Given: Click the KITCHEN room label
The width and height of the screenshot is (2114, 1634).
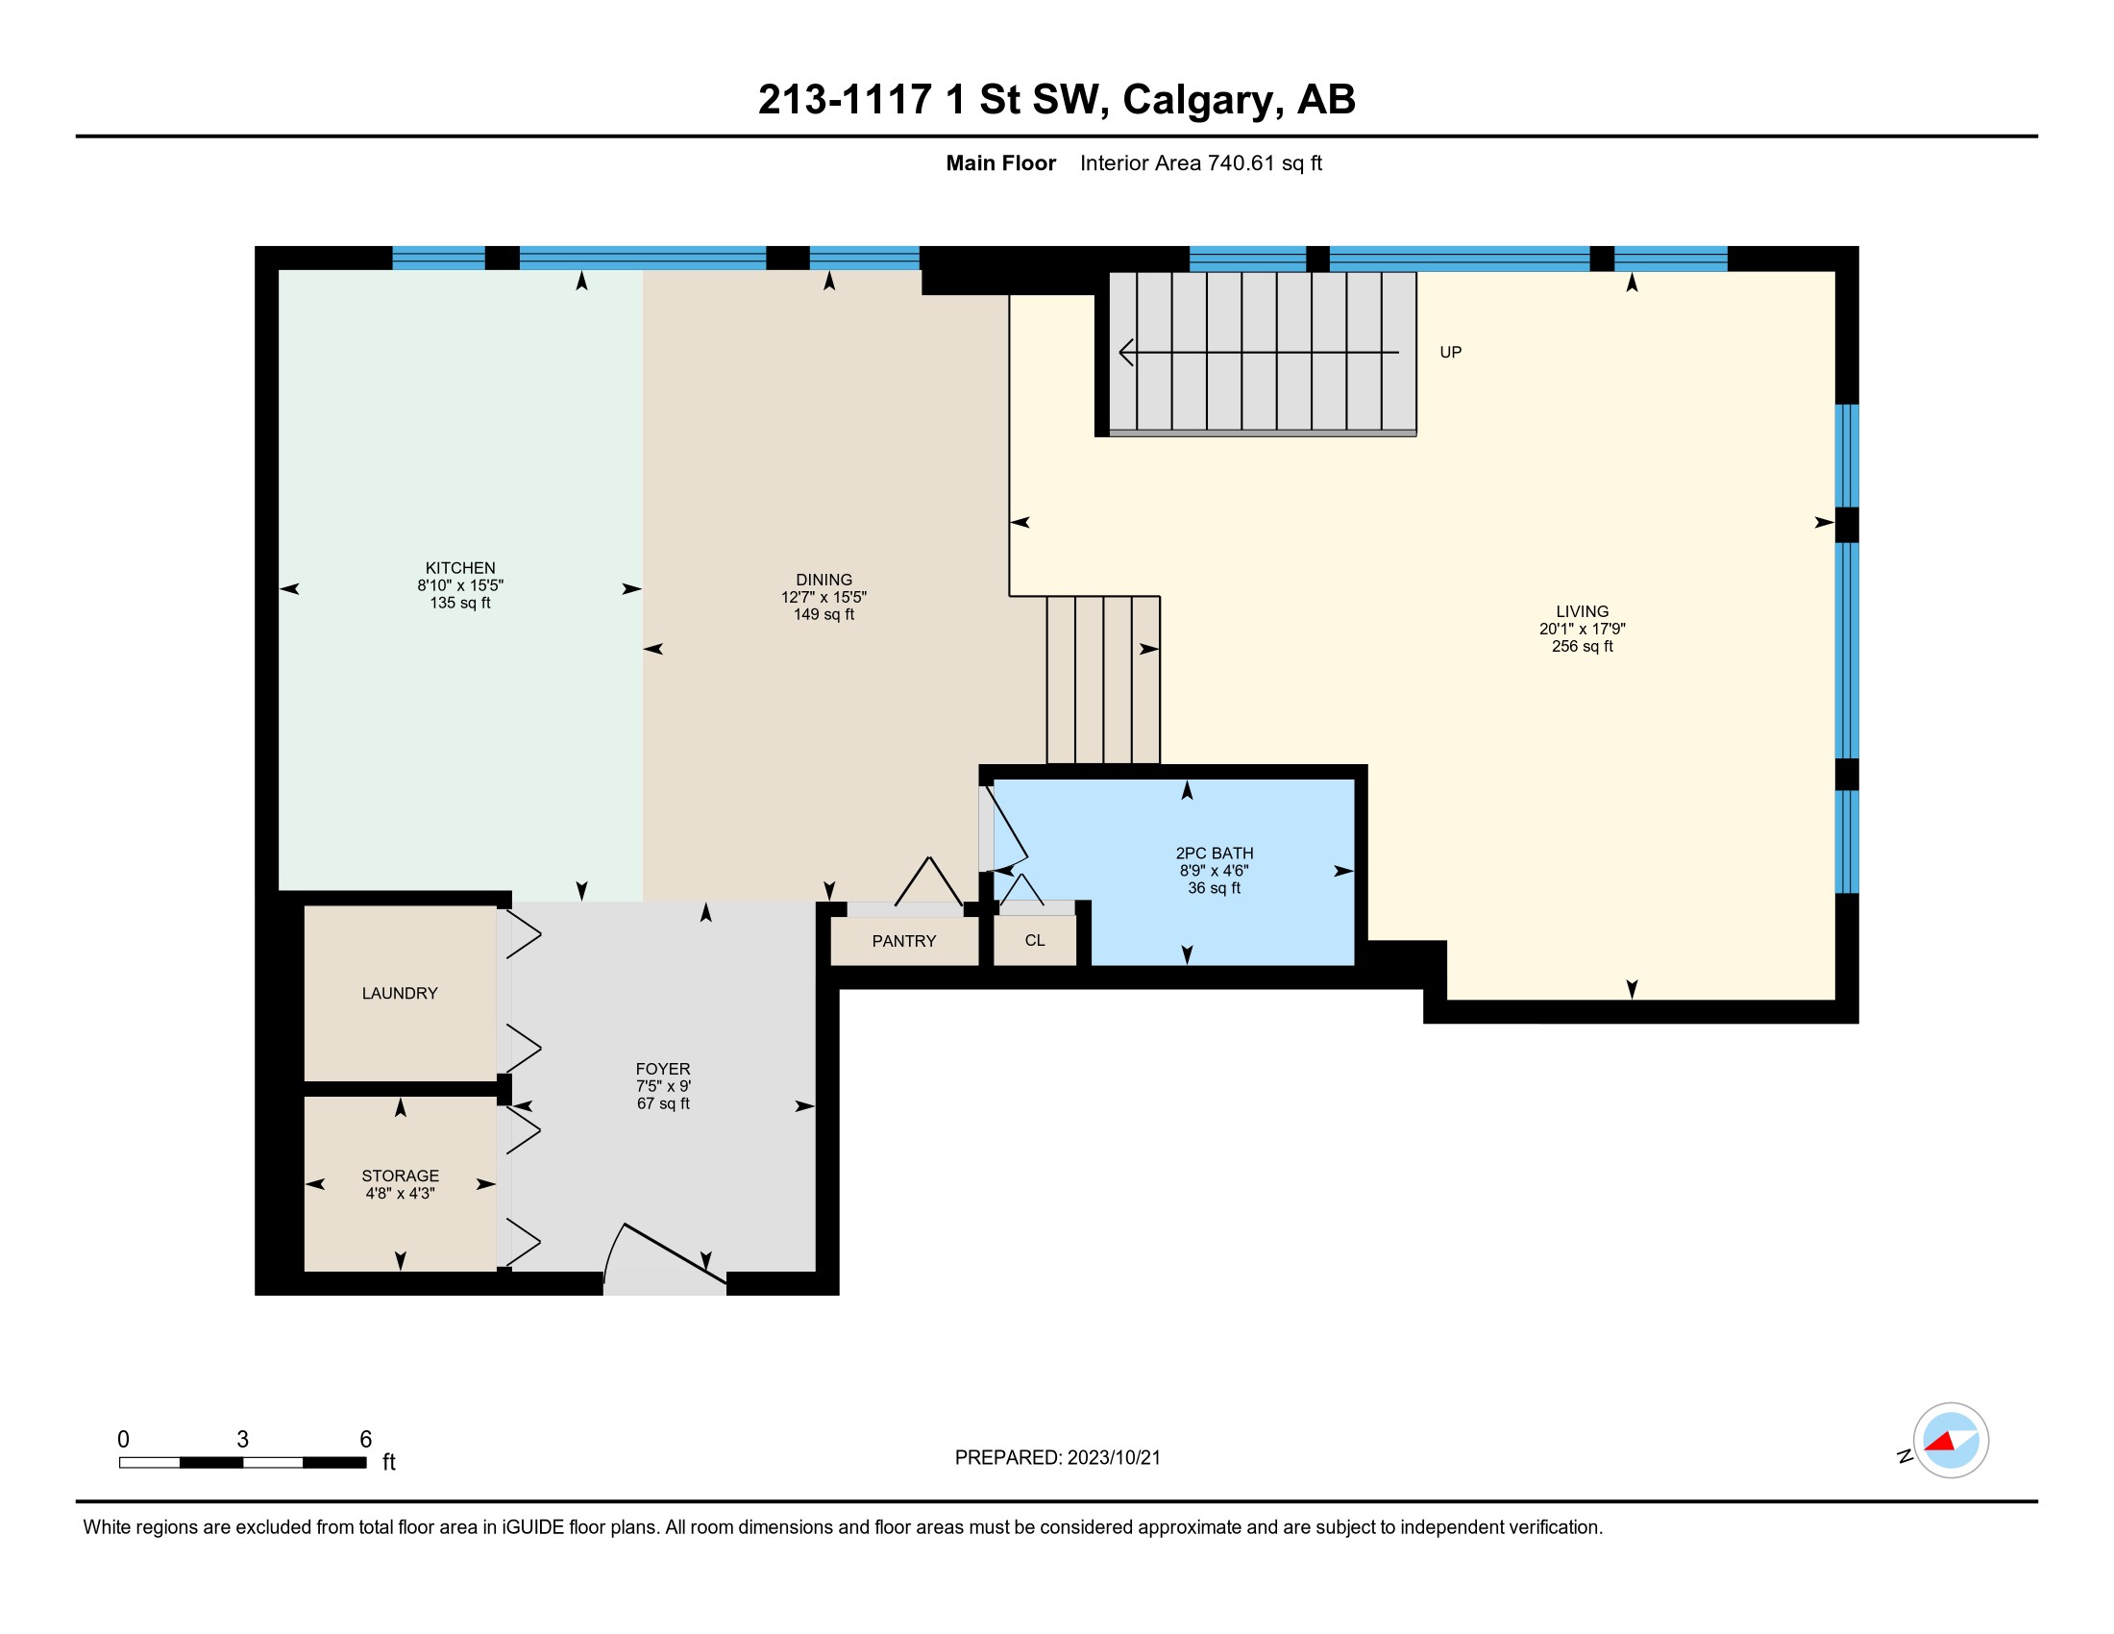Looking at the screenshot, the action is (459, 568).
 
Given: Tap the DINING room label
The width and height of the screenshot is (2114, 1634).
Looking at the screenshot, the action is (823, 580).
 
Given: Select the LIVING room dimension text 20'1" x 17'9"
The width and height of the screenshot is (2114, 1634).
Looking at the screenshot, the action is (1582, 630).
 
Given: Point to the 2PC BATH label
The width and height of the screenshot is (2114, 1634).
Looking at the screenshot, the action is (1214, 853).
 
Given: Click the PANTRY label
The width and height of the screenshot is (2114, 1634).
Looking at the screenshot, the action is (903, 941).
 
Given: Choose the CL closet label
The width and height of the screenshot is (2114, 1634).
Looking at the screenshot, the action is (1035, 940).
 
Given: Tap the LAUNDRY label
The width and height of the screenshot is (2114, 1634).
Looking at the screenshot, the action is (399, 993).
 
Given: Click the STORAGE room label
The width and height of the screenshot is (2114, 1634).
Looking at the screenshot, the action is (400, 1176).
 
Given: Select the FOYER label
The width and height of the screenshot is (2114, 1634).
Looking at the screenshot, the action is (663, 1069).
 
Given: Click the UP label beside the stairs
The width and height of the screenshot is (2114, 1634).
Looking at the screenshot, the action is (1450, 353).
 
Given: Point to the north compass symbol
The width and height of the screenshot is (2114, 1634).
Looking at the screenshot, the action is (1951, 1441).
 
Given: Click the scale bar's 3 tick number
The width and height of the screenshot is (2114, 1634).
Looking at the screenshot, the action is (242, 1440).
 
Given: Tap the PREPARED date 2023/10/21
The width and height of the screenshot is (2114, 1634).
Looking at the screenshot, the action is (1113, 1458).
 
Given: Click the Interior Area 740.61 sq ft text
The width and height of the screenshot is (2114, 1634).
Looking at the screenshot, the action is (1200, 162).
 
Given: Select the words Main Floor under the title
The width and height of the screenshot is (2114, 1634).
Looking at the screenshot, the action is (1001, 162).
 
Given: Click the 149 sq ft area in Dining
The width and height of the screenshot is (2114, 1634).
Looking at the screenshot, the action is (823, 615).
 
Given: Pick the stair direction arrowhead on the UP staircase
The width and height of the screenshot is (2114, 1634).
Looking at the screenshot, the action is (1127, 353).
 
